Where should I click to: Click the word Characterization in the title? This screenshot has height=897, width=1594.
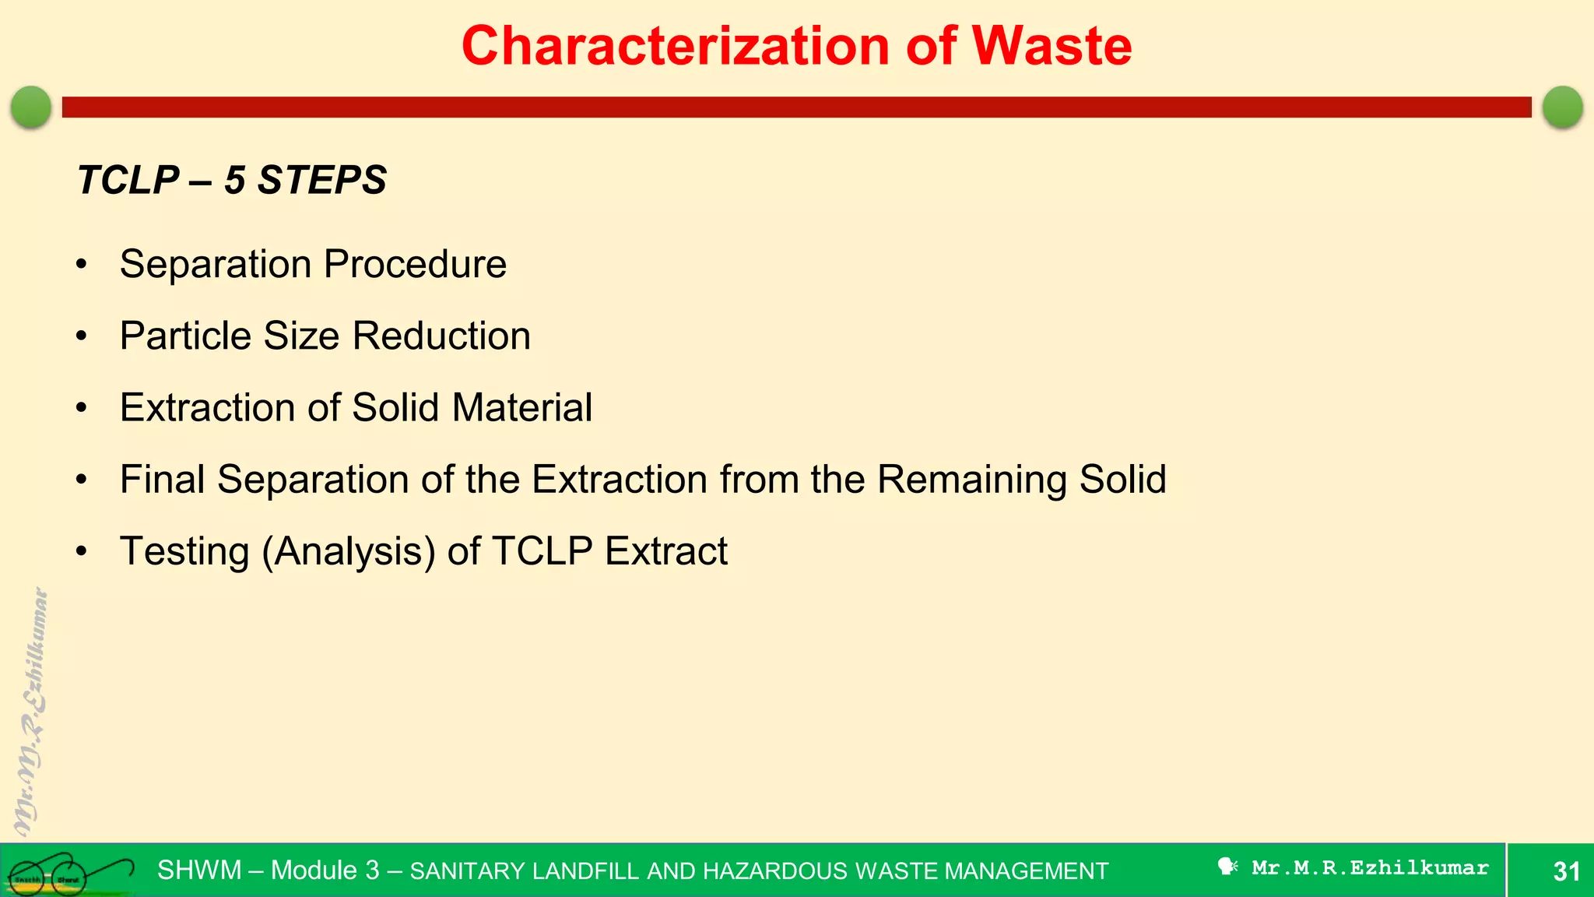coord(676,47)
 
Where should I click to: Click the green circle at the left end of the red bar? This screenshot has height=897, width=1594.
coord(31,107)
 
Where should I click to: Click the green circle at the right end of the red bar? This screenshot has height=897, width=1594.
coord(1562,107)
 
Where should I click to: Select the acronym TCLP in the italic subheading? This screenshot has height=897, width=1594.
coord(128,181)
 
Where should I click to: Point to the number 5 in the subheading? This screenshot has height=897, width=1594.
coord(235,181)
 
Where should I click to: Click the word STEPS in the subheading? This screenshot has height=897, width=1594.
coord(322,181)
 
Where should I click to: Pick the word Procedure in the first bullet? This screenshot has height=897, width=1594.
coord(415,265)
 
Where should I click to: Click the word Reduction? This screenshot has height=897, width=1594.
coord(441,336)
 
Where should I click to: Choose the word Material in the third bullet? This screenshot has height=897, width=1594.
coord(521,408)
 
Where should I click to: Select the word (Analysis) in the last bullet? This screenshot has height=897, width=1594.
coord(349,552)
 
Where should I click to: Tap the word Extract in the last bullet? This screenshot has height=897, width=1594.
coord(665,551)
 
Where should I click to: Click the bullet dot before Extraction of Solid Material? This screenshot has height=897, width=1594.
coord(82,408)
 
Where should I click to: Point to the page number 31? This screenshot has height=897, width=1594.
coord(1566,871)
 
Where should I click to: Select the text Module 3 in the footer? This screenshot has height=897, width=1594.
coord(325,871)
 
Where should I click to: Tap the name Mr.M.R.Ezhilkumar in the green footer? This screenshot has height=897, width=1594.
coord(1370,868)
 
